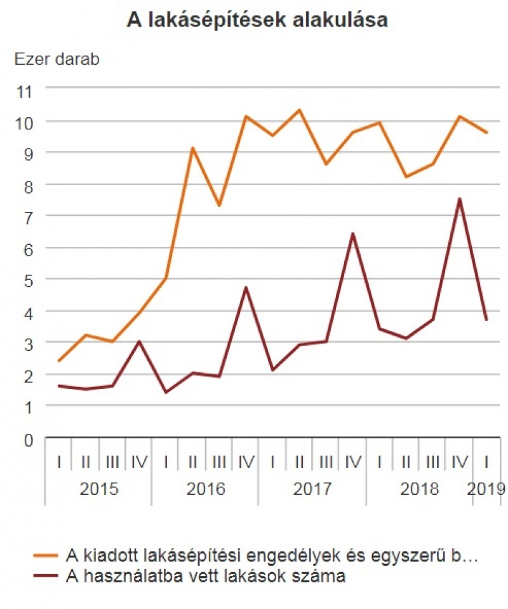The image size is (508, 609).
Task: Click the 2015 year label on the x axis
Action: (x=98, y=489)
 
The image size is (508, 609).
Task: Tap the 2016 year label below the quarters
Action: (x=205, y=489)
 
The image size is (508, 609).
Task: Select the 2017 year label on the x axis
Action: (x=312, y=489)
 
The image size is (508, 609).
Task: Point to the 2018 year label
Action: (x=419, y=489)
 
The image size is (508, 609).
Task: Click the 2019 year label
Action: (x=486, y=489)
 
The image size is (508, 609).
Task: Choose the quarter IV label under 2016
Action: (x=246, y=462)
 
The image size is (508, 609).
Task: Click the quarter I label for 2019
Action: (x=486, y=462)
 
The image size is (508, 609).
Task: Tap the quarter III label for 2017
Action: (x=326, y=462)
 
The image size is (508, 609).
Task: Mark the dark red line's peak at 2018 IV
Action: (x=459, y=199)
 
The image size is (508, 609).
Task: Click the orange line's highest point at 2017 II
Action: (x=299, y=110)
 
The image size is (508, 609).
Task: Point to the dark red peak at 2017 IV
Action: (x=352, y=234)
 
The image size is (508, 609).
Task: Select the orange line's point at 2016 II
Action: (x=192, y=148)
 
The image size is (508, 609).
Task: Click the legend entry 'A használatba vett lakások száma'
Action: (x=206, y=577)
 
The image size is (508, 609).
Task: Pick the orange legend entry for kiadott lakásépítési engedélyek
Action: (x=271, y=556)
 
